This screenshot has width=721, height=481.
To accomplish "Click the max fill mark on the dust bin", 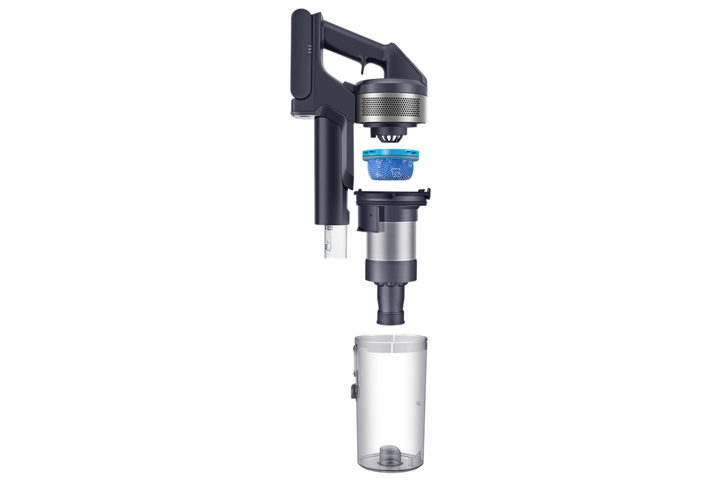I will pos(417,403).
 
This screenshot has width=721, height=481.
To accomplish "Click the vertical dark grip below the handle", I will pos(327,169).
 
